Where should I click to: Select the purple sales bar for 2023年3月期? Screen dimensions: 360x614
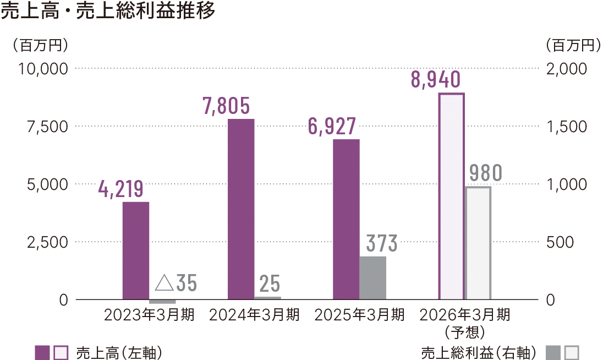click(136, 250)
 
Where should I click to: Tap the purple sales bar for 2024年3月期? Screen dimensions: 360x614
click(241, 209)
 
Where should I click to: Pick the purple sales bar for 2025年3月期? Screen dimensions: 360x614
click(346, 219)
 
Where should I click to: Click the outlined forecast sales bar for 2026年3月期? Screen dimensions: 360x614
click(451, 197)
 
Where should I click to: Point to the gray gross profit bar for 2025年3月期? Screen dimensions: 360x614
click(373, 278)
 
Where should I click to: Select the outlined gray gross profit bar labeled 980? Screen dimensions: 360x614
click(478, 243)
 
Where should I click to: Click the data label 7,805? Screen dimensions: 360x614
click(227, 106)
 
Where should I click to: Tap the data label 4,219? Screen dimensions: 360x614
click(121, 189)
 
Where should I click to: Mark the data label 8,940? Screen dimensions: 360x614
click(436, 80)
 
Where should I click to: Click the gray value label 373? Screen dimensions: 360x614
click(381, 243)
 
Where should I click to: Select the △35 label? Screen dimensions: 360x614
click(176, 283)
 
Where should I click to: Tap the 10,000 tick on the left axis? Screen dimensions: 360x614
click(43, 69)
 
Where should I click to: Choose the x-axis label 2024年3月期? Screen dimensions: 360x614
click(255, 315)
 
